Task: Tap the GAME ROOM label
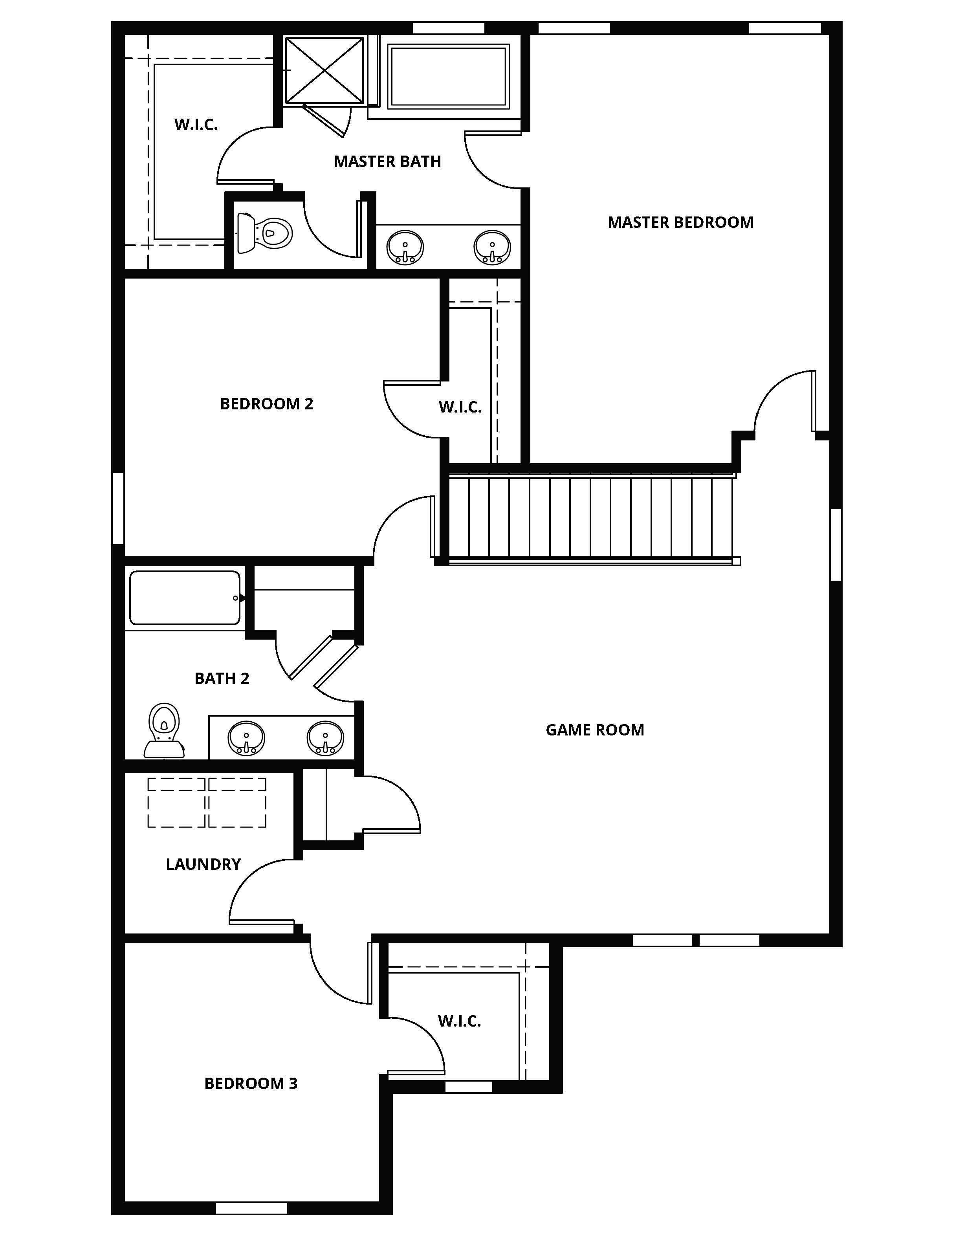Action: pos(595,730)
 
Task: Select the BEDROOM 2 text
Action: pos(266,404)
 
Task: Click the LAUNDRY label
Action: pos(203,864)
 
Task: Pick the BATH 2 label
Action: pos(222,679)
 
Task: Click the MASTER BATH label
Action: pos(388,162)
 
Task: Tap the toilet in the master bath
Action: pos(264,233)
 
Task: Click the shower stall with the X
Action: pos(324,70)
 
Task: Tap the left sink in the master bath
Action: pos(405,247)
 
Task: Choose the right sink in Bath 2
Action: pos(325,738)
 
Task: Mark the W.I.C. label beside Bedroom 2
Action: pos(460,407)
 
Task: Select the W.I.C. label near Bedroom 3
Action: pos(459,1021)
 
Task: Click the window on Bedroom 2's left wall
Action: pos(118,508)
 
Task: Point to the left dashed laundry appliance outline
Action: pos(176,803)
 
